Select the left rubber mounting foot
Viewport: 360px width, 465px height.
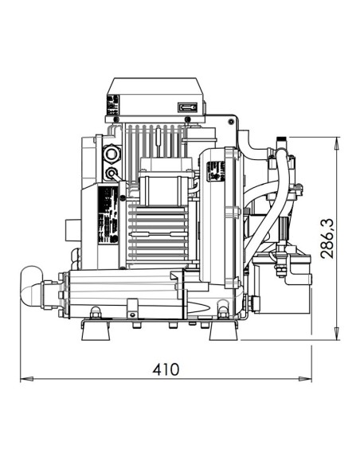pos(94,332)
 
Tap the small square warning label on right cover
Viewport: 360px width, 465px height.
pos(213,171)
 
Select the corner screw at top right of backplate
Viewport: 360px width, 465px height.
pos(233,122)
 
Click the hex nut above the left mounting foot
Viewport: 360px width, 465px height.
pos(95,312)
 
